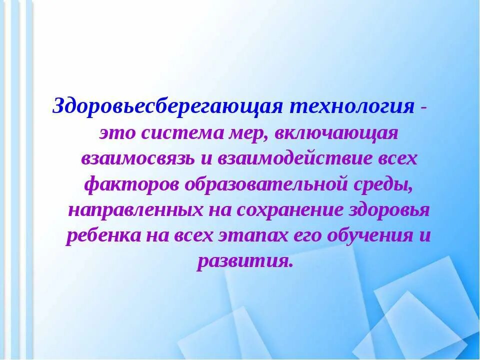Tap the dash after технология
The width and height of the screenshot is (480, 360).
point(424,106)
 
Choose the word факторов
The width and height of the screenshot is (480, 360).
point(131,184)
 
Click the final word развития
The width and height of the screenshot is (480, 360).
point(244,261)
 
